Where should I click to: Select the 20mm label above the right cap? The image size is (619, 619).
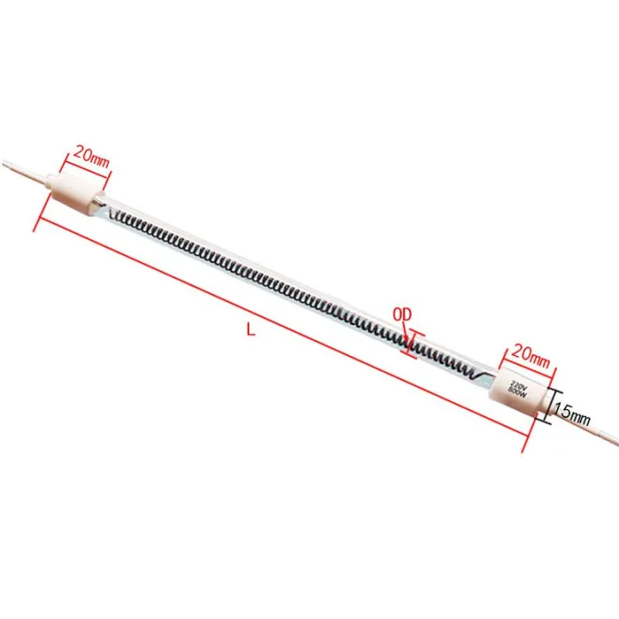coord(530,352)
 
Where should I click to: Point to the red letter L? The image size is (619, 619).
coord(250,329)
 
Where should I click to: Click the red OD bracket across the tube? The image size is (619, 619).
coord(414,346)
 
